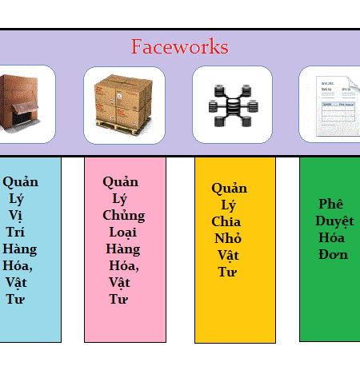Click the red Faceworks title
pyautogui.click(x=180, y=46)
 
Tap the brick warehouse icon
pyautogui.click(x=19, y=103)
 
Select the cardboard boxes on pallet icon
pyautogui.click(x=123, y=105)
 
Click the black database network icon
pyautogui.click(x=233, y=105)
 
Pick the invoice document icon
pyautogui.click(x=338, y=106)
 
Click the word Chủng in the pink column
pyautogui.click(x=124, y=216)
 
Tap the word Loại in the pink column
pyautogui.click(x=123, y=232)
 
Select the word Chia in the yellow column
pyautogui.click(x=226, y=221)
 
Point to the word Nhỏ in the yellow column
pyautogui.click(x=228, y=238)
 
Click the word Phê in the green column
pyautogui.click(x=331, y=204)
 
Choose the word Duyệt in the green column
pyautogui.click(x=334, y=221)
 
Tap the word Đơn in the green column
pyautogui.click(x=334, y=254)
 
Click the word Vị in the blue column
pyautogui.click(x=15, y=216)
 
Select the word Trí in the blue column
pyautogui.click(x=15, y=232)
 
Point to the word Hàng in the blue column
pyautogui.click(x=20, y=249)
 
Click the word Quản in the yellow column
pyautogui.click(x=230, y=189)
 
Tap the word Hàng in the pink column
pyautogui.click(x=123, y=249)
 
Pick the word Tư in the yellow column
pyautogui.click(x=227, y=272)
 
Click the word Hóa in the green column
pyautogui.click(x=331, y=237)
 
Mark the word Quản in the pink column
pyautogui.click(x=121, y=182)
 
